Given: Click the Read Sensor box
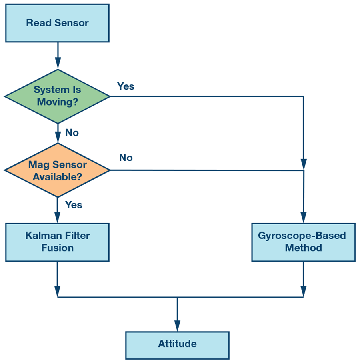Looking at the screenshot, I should click(57, 23).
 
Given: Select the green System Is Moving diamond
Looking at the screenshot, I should click(57, 96).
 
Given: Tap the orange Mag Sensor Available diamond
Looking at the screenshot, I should click(57, 170).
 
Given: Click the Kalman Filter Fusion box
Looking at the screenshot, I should click(57, 242).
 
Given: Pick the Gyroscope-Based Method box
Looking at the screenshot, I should click(303, 242).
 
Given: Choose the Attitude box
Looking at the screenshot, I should click(177, 344).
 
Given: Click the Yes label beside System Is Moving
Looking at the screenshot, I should click(126, 86).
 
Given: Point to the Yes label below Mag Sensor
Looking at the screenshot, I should click(74, 205).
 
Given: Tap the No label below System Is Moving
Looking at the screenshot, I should click(72, 132).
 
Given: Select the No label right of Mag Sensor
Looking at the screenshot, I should click(126, 158).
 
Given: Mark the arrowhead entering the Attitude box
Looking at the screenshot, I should click(177, 326).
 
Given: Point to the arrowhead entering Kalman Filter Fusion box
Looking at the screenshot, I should click(58, 218).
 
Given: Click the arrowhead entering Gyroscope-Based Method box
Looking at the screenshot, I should click(303, 218).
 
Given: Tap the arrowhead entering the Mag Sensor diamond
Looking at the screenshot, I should click(58, 138).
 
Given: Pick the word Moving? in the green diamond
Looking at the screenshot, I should click(57, 102).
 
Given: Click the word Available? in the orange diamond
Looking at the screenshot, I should click(57, 176).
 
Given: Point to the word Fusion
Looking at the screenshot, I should click(57, 248).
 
